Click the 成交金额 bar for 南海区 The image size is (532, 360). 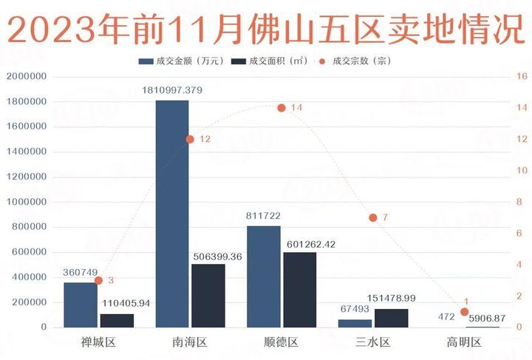point(171,214)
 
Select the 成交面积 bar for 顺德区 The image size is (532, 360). point(299,290)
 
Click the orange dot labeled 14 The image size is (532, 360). point(282,108)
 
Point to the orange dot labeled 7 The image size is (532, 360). point(373,217)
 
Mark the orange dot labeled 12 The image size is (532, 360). point(190,139)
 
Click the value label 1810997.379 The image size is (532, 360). point(171,90)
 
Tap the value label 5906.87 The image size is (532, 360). point(488,317)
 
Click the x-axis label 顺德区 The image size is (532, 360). point(281,342)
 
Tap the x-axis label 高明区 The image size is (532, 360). point(464,342)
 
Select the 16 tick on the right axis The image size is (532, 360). point(520,76)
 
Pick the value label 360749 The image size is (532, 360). point(81,273)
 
